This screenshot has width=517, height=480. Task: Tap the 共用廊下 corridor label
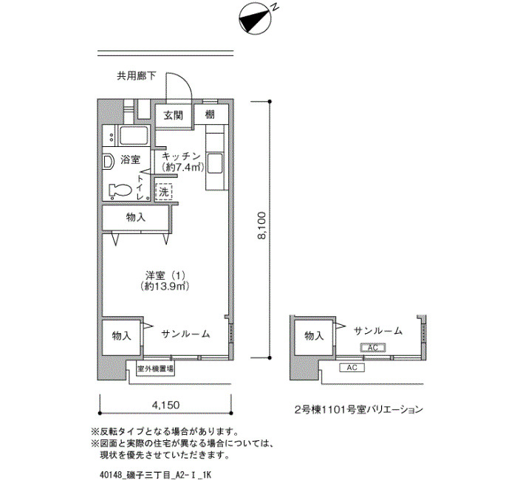pyautogui.click(x=136, y=75)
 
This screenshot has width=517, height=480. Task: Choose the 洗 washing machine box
pyautogui.click(x=162, y=192)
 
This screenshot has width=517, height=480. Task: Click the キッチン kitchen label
pyautogui.click(x=181, y=156)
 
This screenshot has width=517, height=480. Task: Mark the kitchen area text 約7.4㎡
pyautogui.click(x=182, y=168)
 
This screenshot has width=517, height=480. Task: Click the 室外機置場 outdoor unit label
pyautogui.click(x=155, y=368)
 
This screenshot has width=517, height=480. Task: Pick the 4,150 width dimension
pyautogui.click(x=165, y=405)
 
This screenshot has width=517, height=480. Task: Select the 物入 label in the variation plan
pyautogui.click(x=314, y=336)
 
